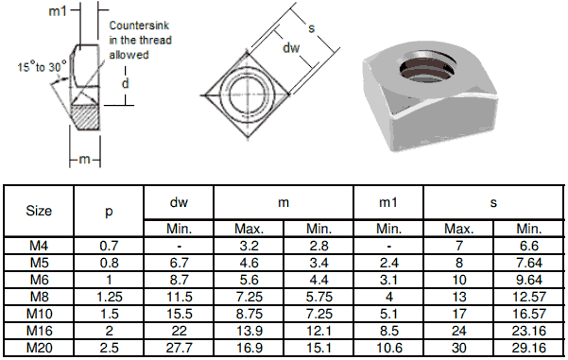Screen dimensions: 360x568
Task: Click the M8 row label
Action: pos(38,297)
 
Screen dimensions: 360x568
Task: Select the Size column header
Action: pos(38,211)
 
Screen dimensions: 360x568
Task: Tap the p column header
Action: pos(109,211)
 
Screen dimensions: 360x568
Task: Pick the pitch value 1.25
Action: pos(109,297)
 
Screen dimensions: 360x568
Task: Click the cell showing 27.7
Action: pos(179,348)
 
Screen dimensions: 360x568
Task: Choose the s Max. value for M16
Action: pos(458,331)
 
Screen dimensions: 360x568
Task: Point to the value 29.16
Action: pos(528,348)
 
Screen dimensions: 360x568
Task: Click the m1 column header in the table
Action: pos(388,202)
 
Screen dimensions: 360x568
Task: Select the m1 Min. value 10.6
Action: pos(388,348)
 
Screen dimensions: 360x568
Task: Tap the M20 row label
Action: pos(38,348)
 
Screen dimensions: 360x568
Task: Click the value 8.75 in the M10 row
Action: pos(249,314)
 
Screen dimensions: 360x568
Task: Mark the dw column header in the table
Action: pos(179,202)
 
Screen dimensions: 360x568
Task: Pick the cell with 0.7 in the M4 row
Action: pos(109,246)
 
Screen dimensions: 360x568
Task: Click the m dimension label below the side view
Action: pos(83,159)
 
